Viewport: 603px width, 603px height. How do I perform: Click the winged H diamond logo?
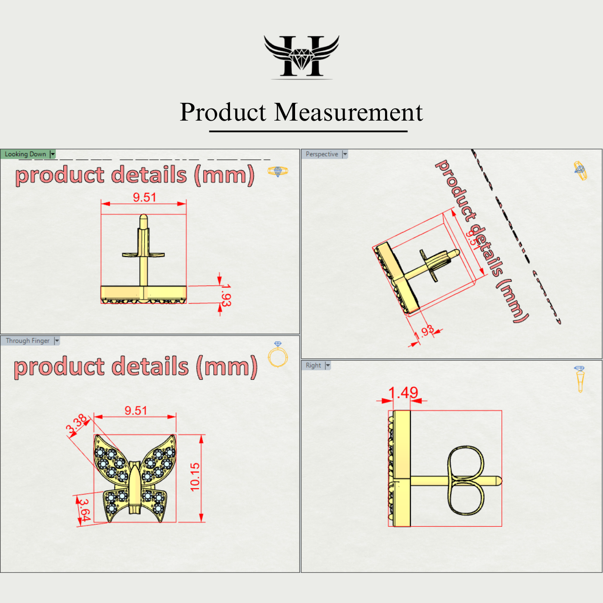(x=301, y=56)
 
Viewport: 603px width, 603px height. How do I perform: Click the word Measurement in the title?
(x=348, y=112)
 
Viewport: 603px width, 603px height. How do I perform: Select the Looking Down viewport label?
(x=25, y=154)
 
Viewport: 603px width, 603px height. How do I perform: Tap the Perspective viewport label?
(x=322, y=154)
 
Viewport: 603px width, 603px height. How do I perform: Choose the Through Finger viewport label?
(x=28, y=341)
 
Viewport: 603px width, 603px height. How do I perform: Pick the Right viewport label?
(x=313, y=365)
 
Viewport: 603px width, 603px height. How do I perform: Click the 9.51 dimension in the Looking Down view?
(x=144, y=197)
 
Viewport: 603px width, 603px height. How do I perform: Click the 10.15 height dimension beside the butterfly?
(x=195, y=477)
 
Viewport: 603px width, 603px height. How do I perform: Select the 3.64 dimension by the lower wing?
(x=85, y=510)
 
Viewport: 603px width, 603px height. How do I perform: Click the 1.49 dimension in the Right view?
(x=403, y=393)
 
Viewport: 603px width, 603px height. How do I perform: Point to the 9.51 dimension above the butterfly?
(x=136, y=410)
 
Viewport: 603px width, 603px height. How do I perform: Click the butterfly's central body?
(x=135, y=487)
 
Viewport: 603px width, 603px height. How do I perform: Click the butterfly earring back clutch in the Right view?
(x=465, y=480)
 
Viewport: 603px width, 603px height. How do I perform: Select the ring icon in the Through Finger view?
(x=278, y=355)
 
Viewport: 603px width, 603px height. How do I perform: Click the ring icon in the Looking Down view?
(x=278, y=171)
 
